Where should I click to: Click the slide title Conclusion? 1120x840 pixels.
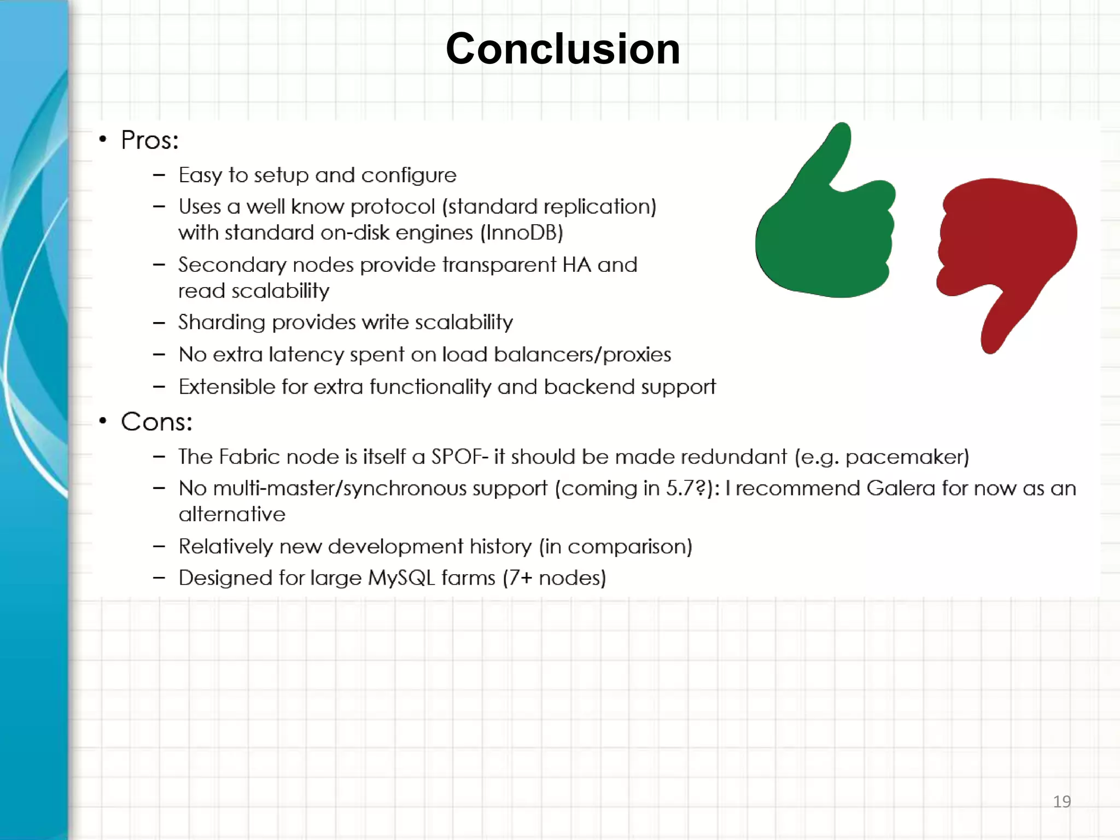click(563, 49)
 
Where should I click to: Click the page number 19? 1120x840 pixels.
click(1061, 802)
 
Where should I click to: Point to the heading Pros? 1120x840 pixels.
click(149, 141)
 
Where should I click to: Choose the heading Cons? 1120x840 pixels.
click(156, 422)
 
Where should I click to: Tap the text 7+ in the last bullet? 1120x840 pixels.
click(520, 578)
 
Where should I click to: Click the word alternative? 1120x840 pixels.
click(232, 515)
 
